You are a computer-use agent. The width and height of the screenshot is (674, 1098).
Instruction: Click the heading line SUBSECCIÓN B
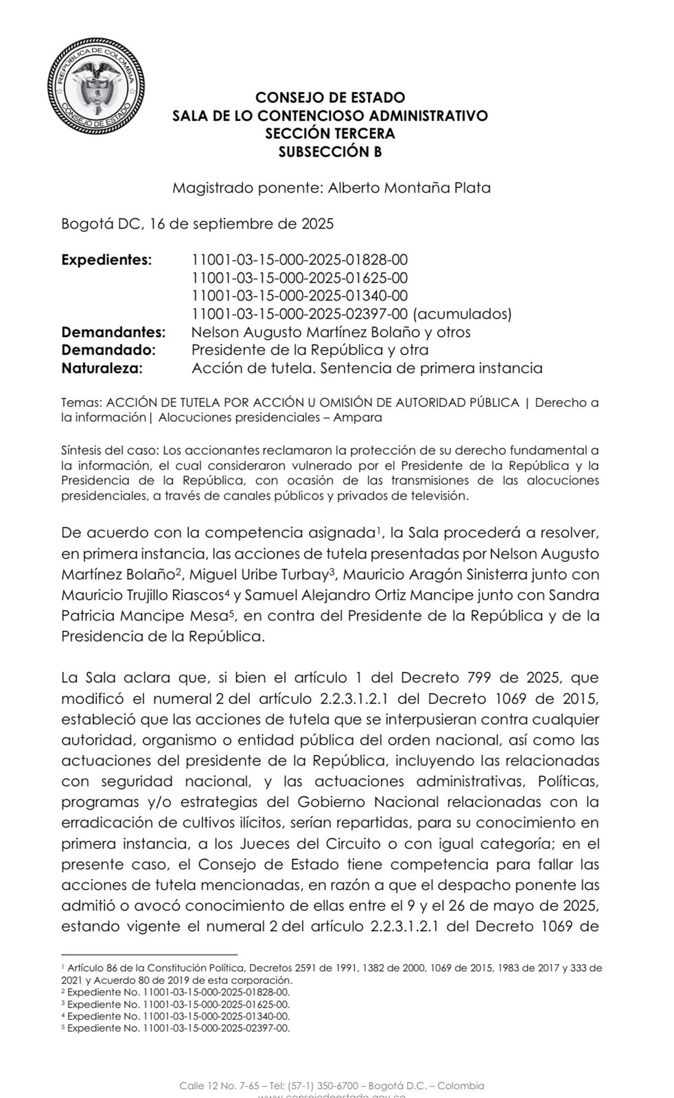tap(330, 152)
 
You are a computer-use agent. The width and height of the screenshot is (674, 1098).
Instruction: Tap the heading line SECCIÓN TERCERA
tap(330, 134)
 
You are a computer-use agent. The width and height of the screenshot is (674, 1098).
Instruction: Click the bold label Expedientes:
tap(106, 260)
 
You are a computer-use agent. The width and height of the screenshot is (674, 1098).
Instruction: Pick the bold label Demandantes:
tap(113, 332)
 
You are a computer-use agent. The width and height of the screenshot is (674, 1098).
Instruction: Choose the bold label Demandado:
tap(108, 350)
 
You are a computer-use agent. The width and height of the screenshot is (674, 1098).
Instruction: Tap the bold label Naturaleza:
tap(102, 368)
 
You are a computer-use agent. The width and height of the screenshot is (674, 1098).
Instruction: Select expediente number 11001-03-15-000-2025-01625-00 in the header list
tap(300, 278)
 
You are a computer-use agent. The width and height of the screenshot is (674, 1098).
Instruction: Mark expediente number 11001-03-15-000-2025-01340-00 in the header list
tap(300, 296)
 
